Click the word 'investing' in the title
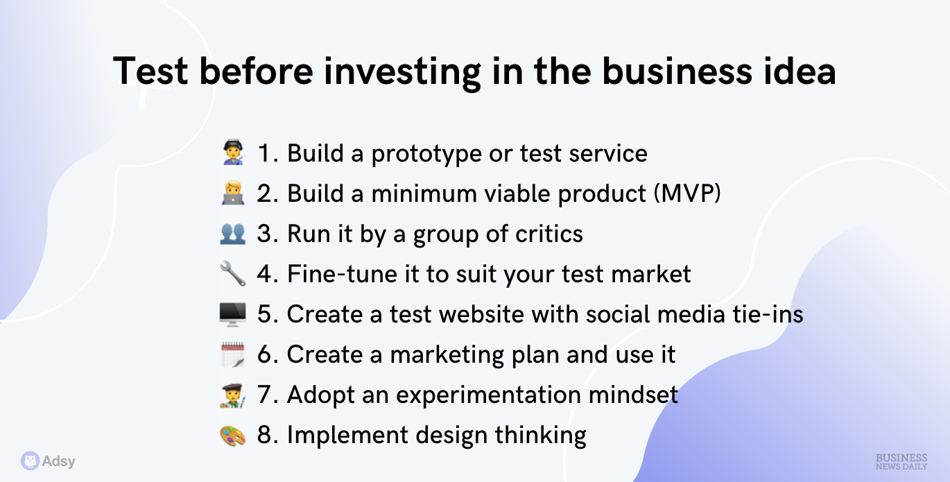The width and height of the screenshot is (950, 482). [x=402, y=72]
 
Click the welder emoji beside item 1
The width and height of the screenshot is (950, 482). [x=233, y=152]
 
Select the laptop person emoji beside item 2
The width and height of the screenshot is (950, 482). [x=233, y=193]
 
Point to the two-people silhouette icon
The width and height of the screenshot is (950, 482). [x=233, y=233]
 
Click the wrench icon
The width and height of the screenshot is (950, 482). [x=233, y=274]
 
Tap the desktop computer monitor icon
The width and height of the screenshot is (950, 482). [x=232, y=314]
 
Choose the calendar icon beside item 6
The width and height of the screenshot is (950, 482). [x=233, y=354]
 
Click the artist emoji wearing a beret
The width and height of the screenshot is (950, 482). [x=233, y=395]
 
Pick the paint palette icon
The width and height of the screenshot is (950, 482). [x=233, y=436]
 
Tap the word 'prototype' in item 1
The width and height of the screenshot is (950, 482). [x=426, y=154]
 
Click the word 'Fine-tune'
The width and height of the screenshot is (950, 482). [x=341, y=274]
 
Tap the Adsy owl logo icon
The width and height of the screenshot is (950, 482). [x=30, y=461]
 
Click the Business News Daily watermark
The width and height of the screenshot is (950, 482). [x=901, y=462]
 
